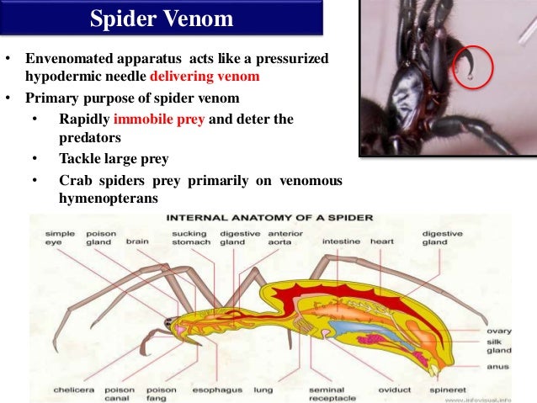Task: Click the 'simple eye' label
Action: (x=59, y=237)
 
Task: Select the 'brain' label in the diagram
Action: (x=137, y=241)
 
